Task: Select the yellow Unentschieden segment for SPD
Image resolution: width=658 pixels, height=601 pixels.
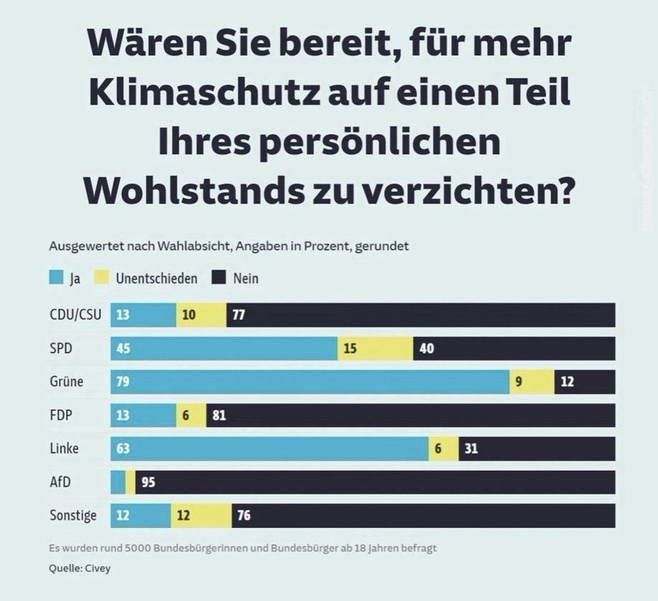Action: [375, 349]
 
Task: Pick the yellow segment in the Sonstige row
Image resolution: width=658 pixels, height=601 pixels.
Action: [201, 515]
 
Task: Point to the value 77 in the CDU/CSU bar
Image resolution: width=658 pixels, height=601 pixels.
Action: [238, 315]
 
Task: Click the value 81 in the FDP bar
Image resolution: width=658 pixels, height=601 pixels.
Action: [219, 415]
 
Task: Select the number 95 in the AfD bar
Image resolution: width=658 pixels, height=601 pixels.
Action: [148, 483]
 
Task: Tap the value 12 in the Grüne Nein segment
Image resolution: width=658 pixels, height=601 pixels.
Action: [567, 382]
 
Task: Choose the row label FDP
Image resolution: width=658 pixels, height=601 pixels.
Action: [60, 415]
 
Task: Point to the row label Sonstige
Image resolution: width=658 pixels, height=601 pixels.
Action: [72, 515]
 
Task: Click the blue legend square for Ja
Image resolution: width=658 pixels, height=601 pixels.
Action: [57, 279]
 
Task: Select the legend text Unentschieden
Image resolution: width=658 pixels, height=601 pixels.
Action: [156, 279]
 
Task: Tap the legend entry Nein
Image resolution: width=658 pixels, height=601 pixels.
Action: [246, 279]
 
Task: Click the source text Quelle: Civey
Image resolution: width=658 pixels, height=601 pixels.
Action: [80, 568]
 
